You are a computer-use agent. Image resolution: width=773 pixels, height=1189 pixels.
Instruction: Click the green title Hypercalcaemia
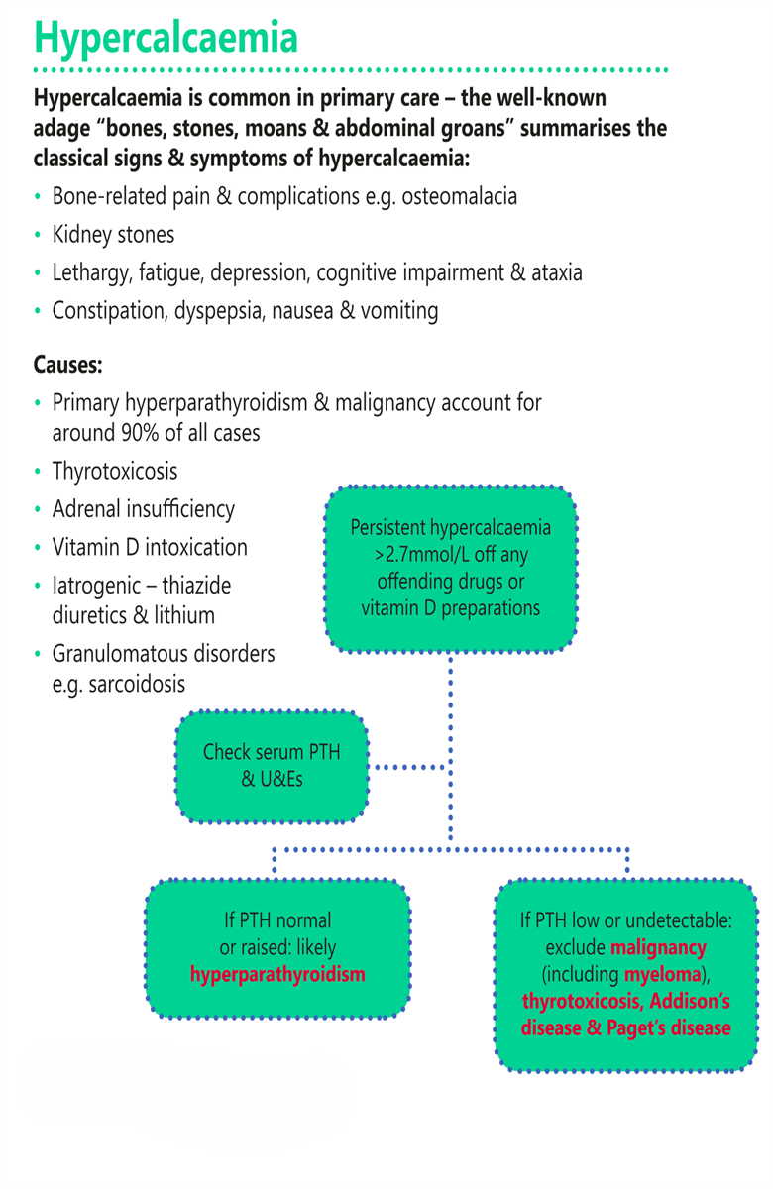tap(166, 38)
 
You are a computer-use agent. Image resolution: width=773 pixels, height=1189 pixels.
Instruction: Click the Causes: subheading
tap(68, 365)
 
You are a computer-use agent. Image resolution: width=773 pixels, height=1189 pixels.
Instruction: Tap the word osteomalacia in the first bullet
tap(459, 196)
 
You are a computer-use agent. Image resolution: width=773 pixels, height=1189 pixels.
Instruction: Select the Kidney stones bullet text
tap(113, 235)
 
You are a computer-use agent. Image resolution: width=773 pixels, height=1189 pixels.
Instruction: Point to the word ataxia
tap(556, 272)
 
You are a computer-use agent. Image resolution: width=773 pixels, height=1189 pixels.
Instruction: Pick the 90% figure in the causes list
tap(140, 433)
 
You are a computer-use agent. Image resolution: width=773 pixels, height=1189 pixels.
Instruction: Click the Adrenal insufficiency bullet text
tap(144, 509)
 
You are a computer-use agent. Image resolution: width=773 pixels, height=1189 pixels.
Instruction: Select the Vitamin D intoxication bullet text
tap(150, 547)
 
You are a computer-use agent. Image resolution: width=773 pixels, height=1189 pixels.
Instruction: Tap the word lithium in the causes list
tap(184, 615)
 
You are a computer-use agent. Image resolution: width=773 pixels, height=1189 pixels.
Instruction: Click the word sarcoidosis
tap(137, 685)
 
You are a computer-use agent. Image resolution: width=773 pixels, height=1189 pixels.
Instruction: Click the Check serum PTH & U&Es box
tap(272, 767)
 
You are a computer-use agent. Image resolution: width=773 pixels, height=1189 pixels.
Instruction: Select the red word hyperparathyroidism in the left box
tap(277, 975)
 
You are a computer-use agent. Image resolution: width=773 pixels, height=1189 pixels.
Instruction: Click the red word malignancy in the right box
tap(658, 948)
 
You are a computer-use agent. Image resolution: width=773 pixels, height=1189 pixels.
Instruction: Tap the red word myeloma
tap(663, 975)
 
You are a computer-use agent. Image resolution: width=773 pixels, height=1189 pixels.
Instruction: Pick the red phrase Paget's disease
tap(668, 1028)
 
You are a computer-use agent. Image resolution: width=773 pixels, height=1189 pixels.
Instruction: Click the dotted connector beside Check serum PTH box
tap(410, 767)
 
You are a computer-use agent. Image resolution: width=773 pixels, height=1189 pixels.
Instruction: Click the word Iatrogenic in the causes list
tap(95, 586)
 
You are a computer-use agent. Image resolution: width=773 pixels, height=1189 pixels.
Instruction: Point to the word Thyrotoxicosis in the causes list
tap(115, 472)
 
